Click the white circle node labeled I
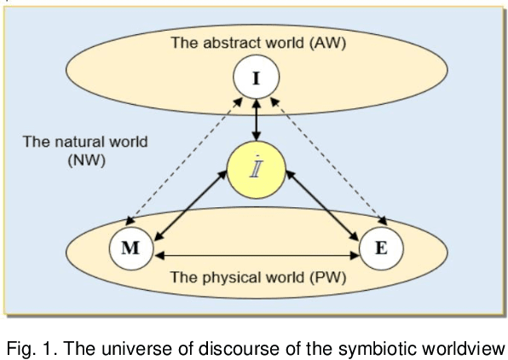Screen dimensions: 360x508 click(x=256, y=79)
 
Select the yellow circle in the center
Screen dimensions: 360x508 click(x=256, y=165)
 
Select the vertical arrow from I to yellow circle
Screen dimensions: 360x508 click(x=256, y=119)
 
